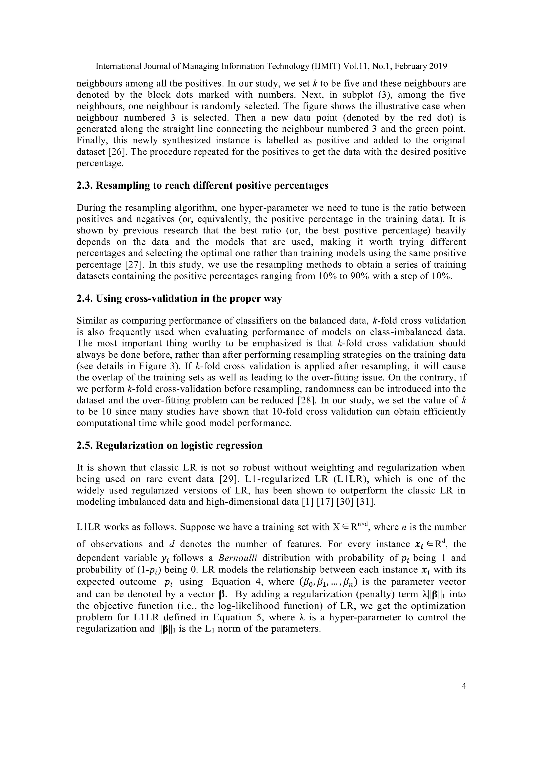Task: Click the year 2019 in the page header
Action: (438, 66)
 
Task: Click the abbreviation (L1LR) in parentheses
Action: (351, 479)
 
